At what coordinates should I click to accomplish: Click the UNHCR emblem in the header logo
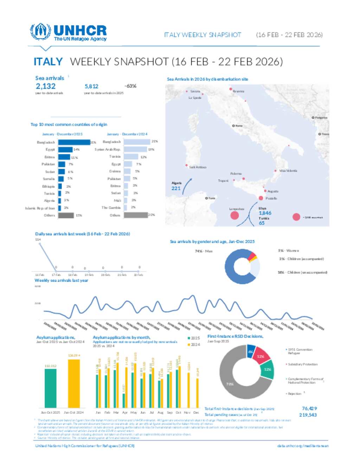pos(40,32)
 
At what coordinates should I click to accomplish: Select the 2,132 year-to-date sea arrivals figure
pos(46,86)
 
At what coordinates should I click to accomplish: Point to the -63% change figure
pos(130,86)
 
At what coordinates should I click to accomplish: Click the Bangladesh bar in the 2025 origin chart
pos(74,142)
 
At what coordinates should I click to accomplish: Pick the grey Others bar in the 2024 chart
pos(136,215)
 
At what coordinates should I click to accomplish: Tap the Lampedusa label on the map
pos(237,209)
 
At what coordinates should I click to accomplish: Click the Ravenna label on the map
pos(238,91)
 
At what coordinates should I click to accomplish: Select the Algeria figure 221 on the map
pos(176,188)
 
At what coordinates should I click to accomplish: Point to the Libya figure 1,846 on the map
pos(265,213)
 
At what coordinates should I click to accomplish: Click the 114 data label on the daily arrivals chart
pos(38,240)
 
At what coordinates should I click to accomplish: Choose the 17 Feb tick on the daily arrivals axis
pos(56,275)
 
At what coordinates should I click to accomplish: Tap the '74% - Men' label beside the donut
pos(204,251)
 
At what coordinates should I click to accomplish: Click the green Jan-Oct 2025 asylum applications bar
pos(50,388)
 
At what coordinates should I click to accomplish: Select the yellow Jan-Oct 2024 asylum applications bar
pos(74,383)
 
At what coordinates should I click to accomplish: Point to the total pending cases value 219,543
pos(308,415)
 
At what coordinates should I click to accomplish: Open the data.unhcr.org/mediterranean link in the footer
pos(303,446)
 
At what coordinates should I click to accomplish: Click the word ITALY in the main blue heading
pos(48,62)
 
